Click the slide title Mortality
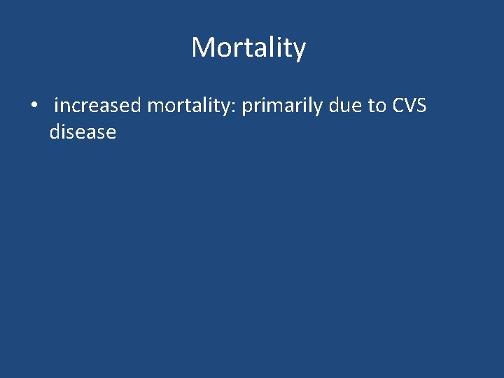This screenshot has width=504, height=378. [x=248, y=48]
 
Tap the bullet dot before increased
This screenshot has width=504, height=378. [x=34, y=106]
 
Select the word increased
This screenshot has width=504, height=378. [x=98, y=106]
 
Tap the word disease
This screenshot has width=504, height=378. [x=83, y=132]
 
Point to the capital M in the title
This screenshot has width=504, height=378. [x=202, y=48]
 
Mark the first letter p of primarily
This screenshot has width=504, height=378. [x=247, y=108]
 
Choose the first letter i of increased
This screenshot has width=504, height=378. [x=56, y=106]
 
